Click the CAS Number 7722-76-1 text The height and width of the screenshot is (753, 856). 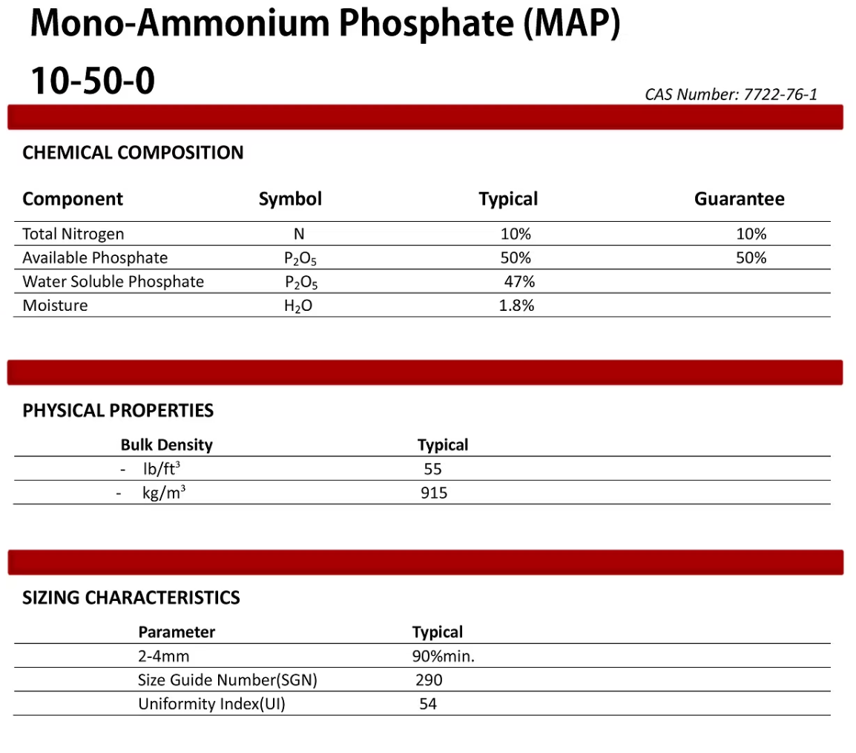(x=731, y=94)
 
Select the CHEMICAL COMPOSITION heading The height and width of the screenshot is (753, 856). (x=133, y=153)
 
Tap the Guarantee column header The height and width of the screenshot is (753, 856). (x=739, y=199)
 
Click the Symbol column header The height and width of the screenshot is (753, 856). (x=290, y=199)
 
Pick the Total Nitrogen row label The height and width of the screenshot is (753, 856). (x=73, y=234)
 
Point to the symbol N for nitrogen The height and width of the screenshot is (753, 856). (x=299, y=234)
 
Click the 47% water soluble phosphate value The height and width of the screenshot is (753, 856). (x=518, y=281)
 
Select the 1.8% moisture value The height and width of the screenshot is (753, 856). (x=517, y=305)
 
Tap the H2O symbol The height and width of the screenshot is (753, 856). (x=298, y=306)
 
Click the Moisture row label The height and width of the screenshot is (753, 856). (x=55, y=305)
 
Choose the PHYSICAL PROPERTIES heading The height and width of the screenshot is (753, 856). (x=118, y=410)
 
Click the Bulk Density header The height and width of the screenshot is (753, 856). (x=166, y=445)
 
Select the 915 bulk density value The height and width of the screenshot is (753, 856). (x=434, y=492)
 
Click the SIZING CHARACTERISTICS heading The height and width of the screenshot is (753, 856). (x=131, y=597)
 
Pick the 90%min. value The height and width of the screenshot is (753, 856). (x=443, y=656)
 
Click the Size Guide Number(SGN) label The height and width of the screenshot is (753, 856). (x=228, y=680)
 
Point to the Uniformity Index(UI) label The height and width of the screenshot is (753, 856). (x=211, y=703)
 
